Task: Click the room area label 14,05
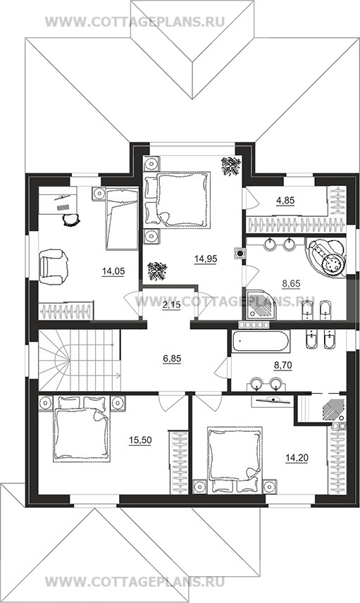[113, 272]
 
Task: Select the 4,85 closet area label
[285, 200]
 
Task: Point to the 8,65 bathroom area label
[291, 284]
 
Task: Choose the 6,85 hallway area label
[172, 359]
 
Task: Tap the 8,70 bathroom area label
[283, 365]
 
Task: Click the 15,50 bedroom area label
[140, 440]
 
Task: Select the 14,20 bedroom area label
[297, 458]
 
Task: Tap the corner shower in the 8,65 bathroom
[261, 304]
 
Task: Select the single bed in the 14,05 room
[121, 218]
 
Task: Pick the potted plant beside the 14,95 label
[157, 271]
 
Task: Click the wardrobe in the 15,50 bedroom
[179, 462]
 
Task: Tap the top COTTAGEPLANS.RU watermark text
[135, 22]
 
